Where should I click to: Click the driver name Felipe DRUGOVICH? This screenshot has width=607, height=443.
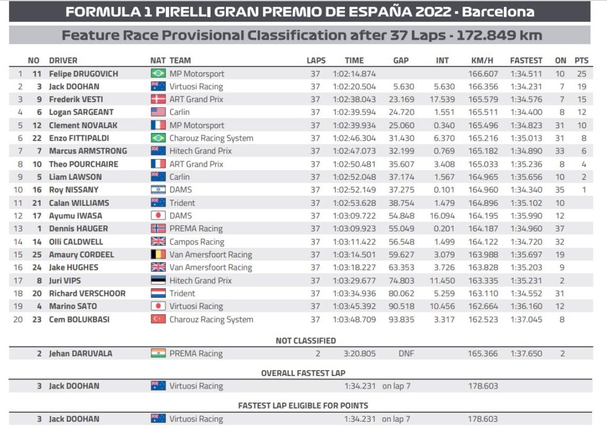click(x=83, y=74)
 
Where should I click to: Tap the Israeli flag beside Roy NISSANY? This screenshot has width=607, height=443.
click(x=158, y=190)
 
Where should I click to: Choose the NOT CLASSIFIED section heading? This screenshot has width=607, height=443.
click(x=305, y=340)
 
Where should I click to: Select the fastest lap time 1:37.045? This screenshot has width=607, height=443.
click(x=526, y=319)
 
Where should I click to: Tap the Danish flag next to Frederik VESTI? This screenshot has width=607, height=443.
click(x=158, y=100)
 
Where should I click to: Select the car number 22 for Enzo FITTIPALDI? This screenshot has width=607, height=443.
click(x=36, y=138)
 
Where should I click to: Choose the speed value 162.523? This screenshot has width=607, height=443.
click(x=484, y=319)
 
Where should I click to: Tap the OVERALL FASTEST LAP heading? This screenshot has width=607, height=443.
click(x=303, y=373)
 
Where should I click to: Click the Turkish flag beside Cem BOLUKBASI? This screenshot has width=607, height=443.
click(x=158, y=319)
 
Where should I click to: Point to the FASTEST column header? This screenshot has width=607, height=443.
click(x=526, y=60)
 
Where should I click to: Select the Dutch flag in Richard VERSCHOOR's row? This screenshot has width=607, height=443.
click(x=158, y=293)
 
